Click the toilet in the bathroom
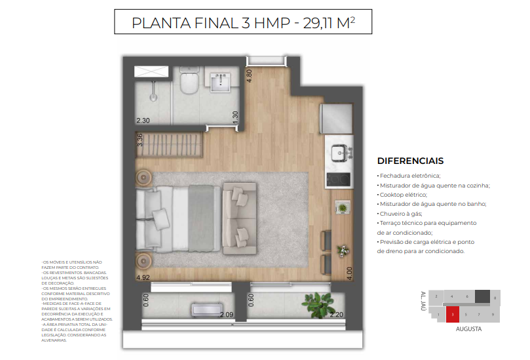(x=189, y=83)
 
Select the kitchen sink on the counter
(x=339, y=152)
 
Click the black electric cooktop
(x=339, y=176)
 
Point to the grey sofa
(x=239, y=218)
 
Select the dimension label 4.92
(x=143, y=278)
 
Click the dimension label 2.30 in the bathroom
(x=143, y=121)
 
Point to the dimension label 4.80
(x=249, y=74)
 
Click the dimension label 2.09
(x=227, y=315)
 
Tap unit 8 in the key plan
(x=495, y=298)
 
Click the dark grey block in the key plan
(x=482, y=296)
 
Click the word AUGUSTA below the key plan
(x=468, y=329)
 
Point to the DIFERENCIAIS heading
(x=410, y=161)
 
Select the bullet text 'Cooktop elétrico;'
(x=402, y=195)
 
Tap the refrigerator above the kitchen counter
(x=337, y=118)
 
